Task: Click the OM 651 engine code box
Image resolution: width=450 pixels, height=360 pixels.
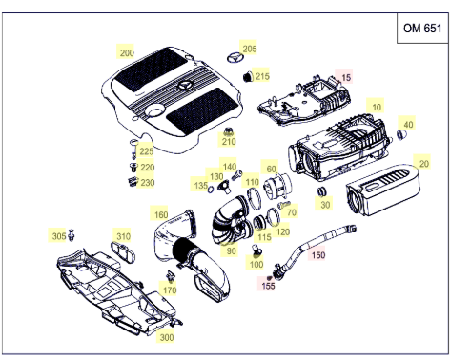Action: pyautogui.click(x=422, y=28)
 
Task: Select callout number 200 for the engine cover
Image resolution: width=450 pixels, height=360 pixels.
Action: pyautogui.click(x=127, y=53)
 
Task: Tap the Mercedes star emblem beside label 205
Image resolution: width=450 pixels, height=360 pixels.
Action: pyautogui.click(x=235, y=58)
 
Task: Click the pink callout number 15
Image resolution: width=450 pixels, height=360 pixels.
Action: pyautogui.click(x=346, y=77)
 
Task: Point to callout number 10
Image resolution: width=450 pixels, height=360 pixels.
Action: pyautogui.click(x=377, y=107)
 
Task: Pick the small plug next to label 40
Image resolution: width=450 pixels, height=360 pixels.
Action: pyautogui.click(x=402, y=135)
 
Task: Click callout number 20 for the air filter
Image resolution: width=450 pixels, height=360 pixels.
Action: pyautogui.click(x=423, y=164)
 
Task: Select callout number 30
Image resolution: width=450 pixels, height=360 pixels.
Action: pyautogui.click(x=325, y=205)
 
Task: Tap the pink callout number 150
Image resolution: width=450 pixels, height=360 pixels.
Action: pyautogui.click(x=318, y=255)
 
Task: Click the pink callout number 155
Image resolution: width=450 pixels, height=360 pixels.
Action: pyautogui.click(x=268, y=286)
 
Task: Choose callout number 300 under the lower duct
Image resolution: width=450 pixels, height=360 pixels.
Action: pyautogui.click(x=167, y=337)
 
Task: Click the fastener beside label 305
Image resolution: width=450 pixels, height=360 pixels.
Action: pyautogui.click(x=72, y=234)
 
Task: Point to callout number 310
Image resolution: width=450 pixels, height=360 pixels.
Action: pyautogui.click(x=123, y=236)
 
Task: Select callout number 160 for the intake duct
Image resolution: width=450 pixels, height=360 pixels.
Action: pyautogui.click(x=161, y=215)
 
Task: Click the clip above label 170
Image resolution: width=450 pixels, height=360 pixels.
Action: pyautogui.click(x=171, y=275)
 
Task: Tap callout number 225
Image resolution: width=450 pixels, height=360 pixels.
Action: pyautogui.click(x=147, y=151)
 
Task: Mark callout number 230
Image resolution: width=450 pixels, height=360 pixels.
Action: pyautogui.click(x=148, y=183)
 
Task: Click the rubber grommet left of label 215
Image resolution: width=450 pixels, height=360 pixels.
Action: pyautogui.click(x=248, y=76)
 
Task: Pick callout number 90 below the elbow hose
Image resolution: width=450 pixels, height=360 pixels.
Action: pyautogui.click(x=231, y=251)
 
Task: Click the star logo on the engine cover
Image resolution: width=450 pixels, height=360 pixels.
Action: pyautogui.click(x=185, y=86)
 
